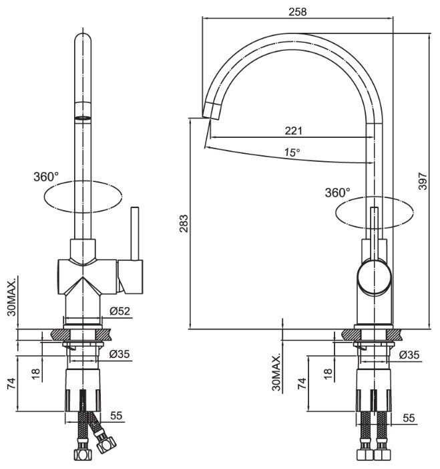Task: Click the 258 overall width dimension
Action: [297, 11]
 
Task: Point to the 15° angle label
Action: [292, 153]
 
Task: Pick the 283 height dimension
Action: [184, 223]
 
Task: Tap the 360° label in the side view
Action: [337, 193]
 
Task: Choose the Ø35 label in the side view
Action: [409, 355]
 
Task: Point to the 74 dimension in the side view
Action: [302, 383]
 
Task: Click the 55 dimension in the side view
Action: [409, 418]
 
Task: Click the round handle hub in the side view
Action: [373, 277]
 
